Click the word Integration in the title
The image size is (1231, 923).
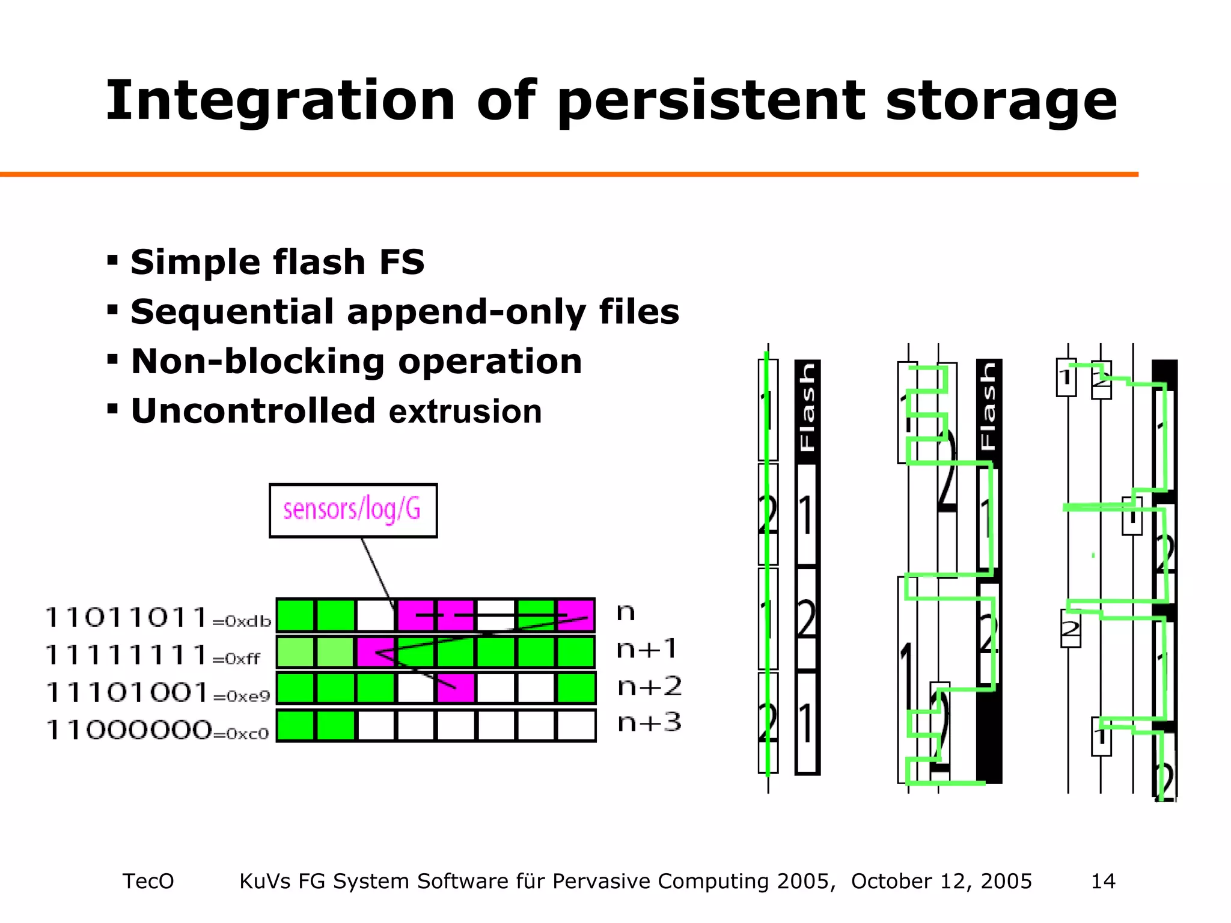pyautogui.click(x=280, y=101)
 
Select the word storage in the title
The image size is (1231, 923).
pyautogui.click(x=1001, y=101)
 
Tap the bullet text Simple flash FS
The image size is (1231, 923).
pyautogui.click(x=277, y=262)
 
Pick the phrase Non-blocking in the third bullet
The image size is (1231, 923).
pyautogui.click(x=258, y=362)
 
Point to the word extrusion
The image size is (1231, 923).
pyautogui.click(x=465, y=412)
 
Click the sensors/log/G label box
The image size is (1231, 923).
pyautogui.click(x=353, y=510)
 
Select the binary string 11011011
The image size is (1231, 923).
pyautogui.click(x=127, y=617)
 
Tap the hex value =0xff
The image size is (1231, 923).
pyautogui.click(x=236, y=659)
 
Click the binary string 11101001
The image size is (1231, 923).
pyautogui.click(x=127, y=692)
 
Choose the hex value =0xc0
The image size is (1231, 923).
pyautogui.click(x=240, y=734)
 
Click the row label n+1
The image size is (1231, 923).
pyautogui.click(x=647, y=650)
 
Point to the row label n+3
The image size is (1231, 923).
pyautogui.click(x=649, y=723)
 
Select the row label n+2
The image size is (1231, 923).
pyautogui.click(x=649, y=687)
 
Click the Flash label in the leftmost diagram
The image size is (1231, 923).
pyautogui.click(x=807, y=408)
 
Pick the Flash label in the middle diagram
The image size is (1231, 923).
pyautogui.click(x=988, y=408)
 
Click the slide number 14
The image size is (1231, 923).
pyautogui.click(x=1103, y=881)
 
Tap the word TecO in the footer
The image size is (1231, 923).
pyautogui.click(x=148, y=881)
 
